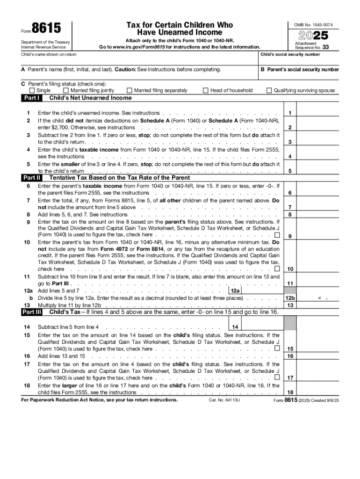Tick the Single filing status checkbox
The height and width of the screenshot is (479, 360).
point(32,90)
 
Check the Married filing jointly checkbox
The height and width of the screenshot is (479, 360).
point(66,90)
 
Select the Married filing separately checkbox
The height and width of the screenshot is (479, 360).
point(129,90)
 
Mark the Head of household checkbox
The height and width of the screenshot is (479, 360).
point(206,90)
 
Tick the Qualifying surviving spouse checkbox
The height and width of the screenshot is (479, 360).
point(269,90)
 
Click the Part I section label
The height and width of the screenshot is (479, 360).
point(32,98)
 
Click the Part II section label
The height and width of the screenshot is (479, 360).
point(32,178)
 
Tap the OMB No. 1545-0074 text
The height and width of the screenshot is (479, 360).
point(313,24)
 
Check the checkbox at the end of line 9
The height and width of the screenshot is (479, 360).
point(277,234)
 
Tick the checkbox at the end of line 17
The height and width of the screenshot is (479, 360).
point(277,377)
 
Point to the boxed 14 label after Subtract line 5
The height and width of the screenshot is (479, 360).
point(235,327)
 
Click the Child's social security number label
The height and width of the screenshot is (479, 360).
point(290,54)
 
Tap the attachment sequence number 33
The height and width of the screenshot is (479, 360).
point(325,47)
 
